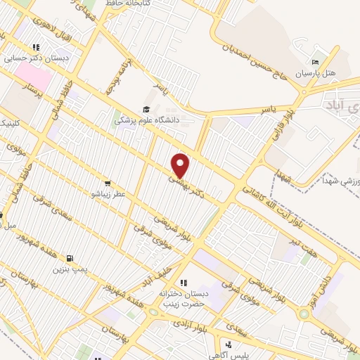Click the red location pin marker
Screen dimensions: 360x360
pos(181,165)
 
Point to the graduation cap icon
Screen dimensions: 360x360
pos(146,109)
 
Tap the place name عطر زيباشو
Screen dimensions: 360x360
pos(107,191)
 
